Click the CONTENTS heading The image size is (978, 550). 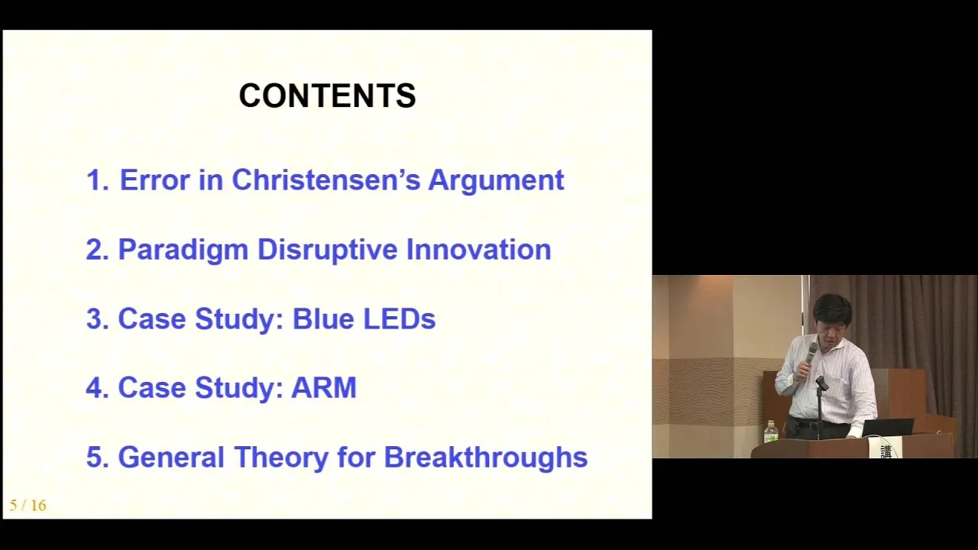tap(328, 95)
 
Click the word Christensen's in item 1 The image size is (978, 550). tap(325, 180)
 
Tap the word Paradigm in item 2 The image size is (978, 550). tap(183, 251)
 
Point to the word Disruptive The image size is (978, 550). tap(328, 251)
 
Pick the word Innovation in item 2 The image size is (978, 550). tap(478, 249)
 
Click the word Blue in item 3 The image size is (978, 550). tap(323, 319)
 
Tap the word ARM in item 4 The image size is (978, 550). tap(324, 387)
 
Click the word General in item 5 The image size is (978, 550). tap(171, 457)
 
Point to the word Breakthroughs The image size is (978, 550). tap(485, 458)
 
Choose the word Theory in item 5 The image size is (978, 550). tap(281, 458)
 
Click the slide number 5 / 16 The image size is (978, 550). tap(28, 506)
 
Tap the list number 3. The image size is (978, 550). tap(97, 319)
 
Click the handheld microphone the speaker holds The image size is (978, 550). tap(811, 354)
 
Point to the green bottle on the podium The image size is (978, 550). tap(771, 432)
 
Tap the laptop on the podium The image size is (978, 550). tap(887, 428)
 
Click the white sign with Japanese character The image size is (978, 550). tap(886, 448)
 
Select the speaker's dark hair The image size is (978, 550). tap(832, 309)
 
